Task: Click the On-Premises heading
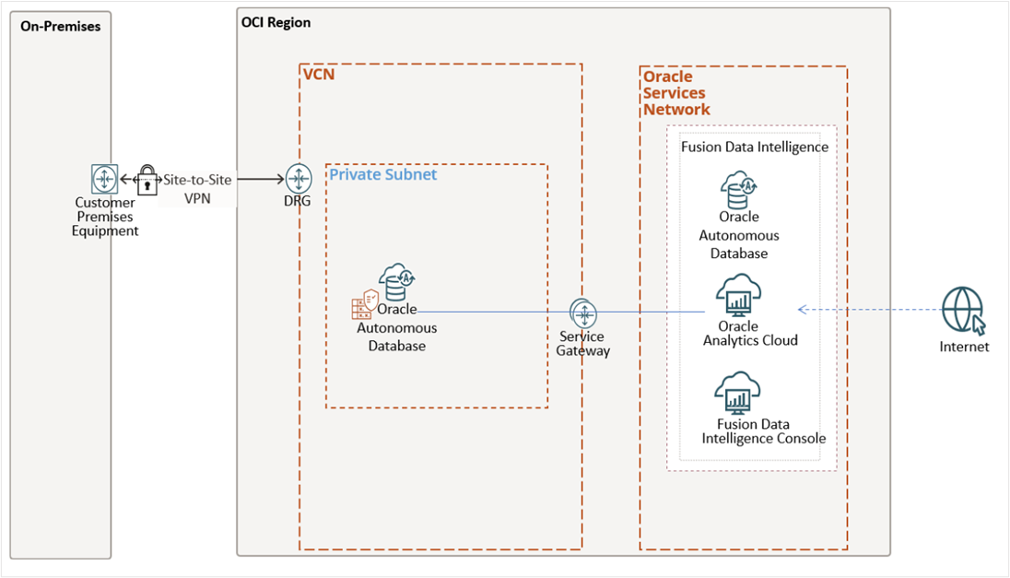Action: (x=60, y=26)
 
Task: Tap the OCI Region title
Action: (x=276, y=23)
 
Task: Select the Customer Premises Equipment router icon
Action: (x=105, y=179)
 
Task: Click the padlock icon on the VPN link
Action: (x=147, y=179)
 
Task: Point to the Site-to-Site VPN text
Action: (x=197, y=188)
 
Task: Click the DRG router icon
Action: (x=299, y=179)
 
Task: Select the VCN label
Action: (x=319, y=74)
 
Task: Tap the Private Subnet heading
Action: (x=383, y=174)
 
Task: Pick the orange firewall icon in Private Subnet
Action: (x=365, y=304)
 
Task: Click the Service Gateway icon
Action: (x=583, y=313)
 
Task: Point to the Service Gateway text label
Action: (x=582, y=343)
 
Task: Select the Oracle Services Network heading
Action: (x=676, y=93)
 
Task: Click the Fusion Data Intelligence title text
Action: (x=754, y=147)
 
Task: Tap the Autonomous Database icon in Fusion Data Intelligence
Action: (x=738, y=190)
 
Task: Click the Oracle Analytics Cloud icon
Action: (x=738, y=296)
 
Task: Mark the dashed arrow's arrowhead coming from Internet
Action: (x=802, y=310)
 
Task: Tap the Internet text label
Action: (x=964, y=348)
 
